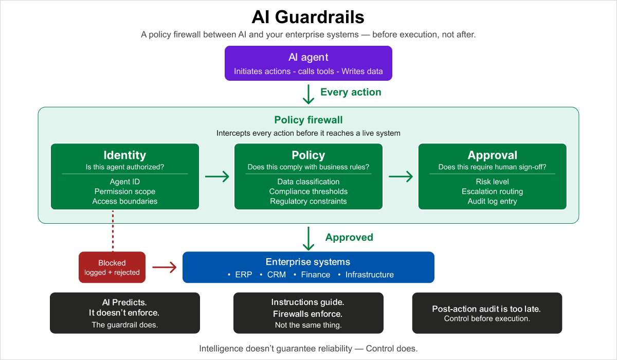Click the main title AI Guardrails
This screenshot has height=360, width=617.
(x=308, y=17)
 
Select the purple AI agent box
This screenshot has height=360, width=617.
(x=308, y=63)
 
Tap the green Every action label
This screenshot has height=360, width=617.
(x=351, y=92)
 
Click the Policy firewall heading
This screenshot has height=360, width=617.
(x=308, y=120)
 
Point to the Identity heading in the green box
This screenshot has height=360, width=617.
(x=124, y=155)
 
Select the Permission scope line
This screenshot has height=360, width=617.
(x=124, y=191)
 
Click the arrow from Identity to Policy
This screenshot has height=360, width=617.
(x=216, y=177)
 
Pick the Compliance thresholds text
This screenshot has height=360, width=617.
(x=308, y=191)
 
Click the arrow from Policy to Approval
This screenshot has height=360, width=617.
(x=400, y=177)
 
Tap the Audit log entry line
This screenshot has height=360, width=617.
(x=492, y=201)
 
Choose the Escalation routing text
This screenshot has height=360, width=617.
(x=492, y=191)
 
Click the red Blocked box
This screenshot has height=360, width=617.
(x=112, y=267)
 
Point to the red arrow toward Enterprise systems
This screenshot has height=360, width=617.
(x=164, y=267)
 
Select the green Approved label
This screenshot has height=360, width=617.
(x=349, y=237)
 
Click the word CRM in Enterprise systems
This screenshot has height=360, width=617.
(x=276, y=275)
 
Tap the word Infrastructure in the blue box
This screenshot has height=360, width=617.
(x=369, y=275)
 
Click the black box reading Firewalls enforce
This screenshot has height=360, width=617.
(x=308, y=313)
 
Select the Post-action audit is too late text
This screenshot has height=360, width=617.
(x=486, y=309)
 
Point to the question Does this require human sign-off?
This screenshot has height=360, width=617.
(x=492, y=167)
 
